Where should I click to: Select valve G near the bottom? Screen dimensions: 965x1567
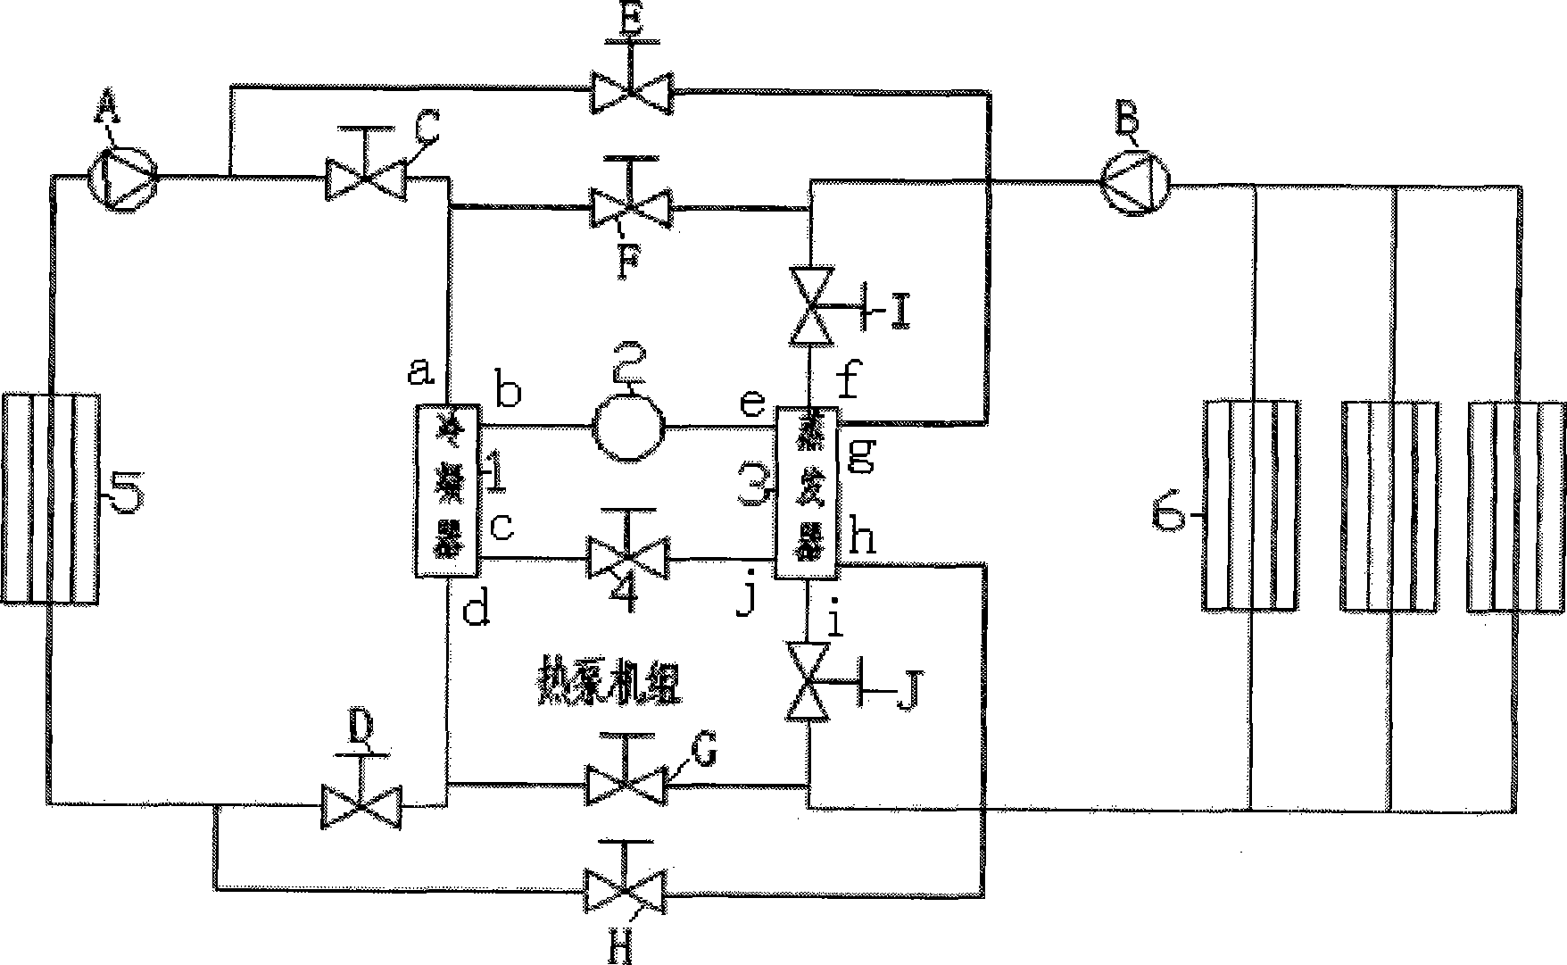tap(626, 783)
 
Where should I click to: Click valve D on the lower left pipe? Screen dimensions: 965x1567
tap(361, 803)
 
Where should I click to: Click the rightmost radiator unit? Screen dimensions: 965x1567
tap(1514, 506)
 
